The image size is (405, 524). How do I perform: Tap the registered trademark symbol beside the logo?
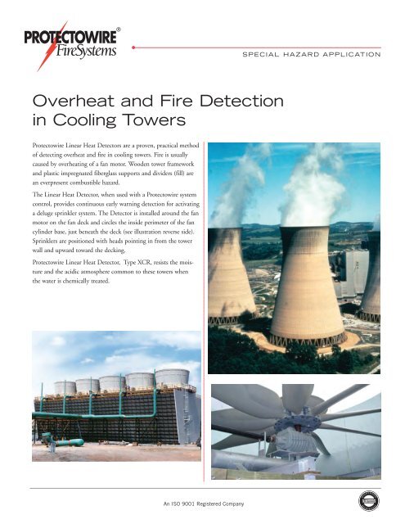[x=119, y=30]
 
